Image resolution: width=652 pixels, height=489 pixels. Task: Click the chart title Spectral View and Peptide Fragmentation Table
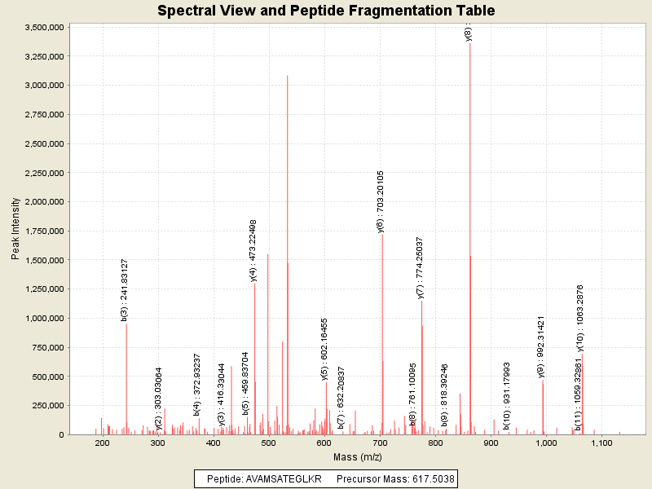[x=326, y=11]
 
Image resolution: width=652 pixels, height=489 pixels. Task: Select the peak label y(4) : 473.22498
[x=253, y=250]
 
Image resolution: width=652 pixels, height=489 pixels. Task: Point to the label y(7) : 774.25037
[x=420, y=268]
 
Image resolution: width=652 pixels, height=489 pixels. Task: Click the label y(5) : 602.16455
[x=324, y=349]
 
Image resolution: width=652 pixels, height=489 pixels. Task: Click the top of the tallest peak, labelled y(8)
[x=470, y=42]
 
